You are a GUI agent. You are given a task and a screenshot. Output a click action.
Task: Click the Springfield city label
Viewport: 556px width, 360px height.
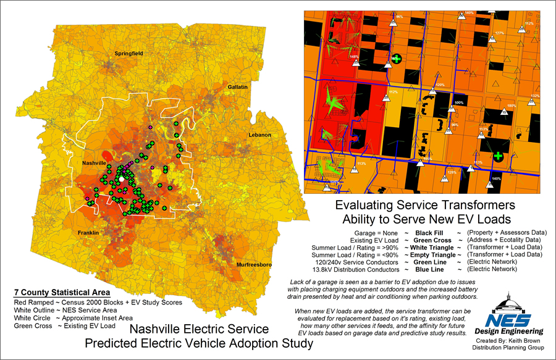pos(128,54)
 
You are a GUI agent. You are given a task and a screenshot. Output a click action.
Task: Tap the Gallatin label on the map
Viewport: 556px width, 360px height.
pos(237,87)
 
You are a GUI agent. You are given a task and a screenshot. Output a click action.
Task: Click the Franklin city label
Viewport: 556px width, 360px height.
pos(89,232)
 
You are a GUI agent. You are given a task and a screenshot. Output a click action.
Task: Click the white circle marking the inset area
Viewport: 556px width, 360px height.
pos(122,178)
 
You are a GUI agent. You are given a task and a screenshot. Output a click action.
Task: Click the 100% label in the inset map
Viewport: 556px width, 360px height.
pos(458,103)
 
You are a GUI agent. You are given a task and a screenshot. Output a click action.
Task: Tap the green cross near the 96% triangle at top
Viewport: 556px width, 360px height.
pos(397,59)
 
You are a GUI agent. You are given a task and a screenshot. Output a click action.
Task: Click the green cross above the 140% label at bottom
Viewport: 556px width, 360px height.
pos(498,156)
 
